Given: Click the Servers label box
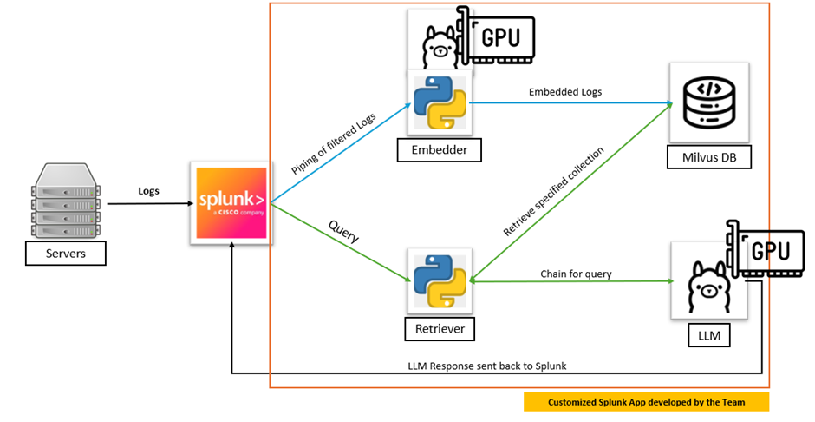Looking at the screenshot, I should (65, 254).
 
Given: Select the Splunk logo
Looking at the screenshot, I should (230, 203).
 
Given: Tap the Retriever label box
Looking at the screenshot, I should (440, 329).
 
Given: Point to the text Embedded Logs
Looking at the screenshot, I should (565, 91).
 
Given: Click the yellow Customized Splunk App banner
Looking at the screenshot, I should (646, 403).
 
